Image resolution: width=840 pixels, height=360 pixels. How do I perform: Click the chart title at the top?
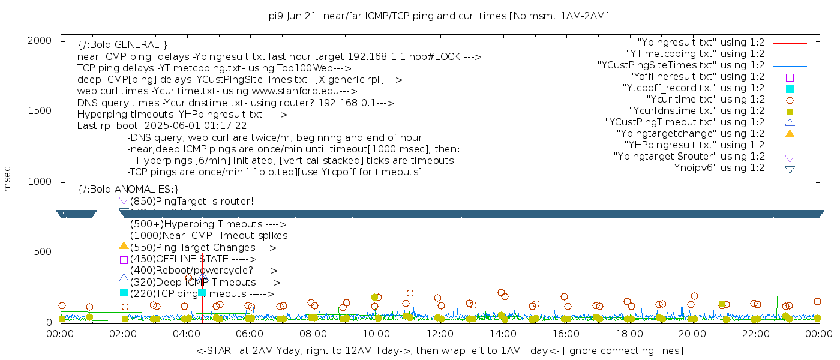pos(439,16)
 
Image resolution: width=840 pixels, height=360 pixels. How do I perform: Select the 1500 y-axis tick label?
pos(41,111)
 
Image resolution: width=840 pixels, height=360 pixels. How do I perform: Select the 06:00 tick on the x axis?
pos(250,334)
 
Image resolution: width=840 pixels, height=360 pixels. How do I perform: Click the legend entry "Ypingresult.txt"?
pos(701,43)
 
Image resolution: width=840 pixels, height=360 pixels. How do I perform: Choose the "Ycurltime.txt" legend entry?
pos(705,100)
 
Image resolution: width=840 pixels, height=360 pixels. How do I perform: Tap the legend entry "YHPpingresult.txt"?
pos(694,145)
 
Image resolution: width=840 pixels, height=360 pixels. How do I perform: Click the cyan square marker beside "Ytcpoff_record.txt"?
pos(790,88)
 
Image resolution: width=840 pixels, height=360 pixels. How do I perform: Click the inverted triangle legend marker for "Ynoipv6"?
pos(790,169)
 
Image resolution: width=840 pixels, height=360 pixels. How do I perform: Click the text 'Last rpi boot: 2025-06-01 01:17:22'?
pos(162,126)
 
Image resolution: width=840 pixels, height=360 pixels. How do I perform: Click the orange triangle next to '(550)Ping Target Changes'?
pos(124,246)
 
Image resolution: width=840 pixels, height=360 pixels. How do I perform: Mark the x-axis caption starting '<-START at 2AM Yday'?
pos(439,350)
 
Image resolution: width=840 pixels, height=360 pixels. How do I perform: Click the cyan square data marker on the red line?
pos(202,292)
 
